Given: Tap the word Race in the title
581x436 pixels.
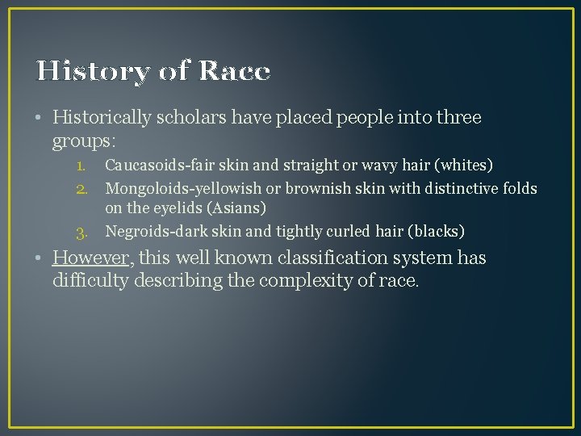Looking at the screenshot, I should (233, 72).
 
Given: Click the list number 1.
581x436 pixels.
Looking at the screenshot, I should (81, 166).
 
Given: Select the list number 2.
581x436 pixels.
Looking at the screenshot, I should (81, 188).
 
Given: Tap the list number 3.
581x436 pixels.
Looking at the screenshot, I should (81, 233).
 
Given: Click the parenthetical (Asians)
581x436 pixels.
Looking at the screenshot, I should (237, 208).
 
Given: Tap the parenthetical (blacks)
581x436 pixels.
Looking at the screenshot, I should (436, 232).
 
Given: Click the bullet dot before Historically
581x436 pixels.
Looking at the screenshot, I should (40, 119).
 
